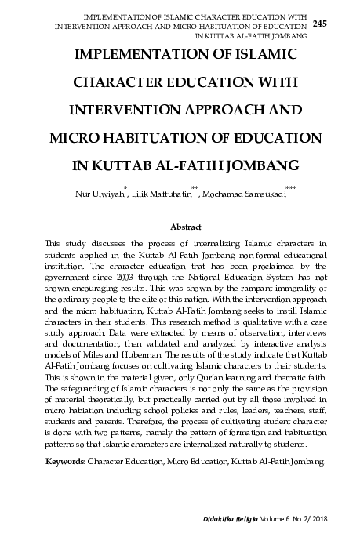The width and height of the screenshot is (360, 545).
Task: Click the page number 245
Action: coord(320,24)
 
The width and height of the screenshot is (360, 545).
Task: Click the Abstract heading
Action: coord(180,226)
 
